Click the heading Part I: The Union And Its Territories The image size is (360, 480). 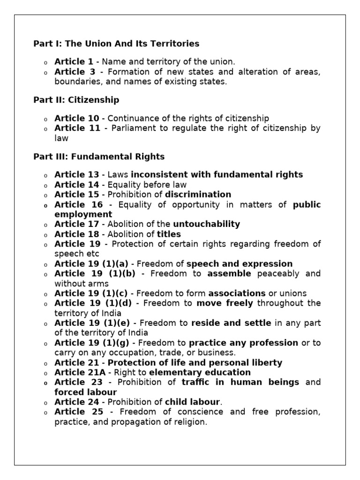[x=116, y=44]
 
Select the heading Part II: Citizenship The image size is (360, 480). [x=76, y=100]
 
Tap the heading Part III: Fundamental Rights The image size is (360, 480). [x=99, y=156]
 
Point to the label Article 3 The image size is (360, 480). [x=75, y=72]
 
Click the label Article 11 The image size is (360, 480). [x=77, y=128]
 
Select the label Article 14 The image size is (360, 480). [x=76, y=184]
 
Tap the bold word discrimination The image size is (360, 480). [x=198, y=194]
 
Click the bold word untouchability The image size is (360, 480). [x=206, y=224]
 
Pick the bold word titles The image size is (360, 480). [x=169, y=234]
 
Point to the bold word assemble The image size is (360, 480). [x=229, y=273]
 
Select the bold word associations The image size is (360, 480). [x=237, y=293]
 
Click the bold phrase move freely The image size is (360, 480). [x=225, y=303]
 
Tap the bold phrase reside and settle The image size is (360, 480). [x=231, y=323]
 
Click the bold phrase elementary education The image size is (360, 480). [x=200, y=372]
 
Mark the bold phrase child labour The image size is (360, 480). [x=192, y=402]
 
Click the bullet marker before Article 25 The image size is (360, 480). [x=46, y=412]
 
